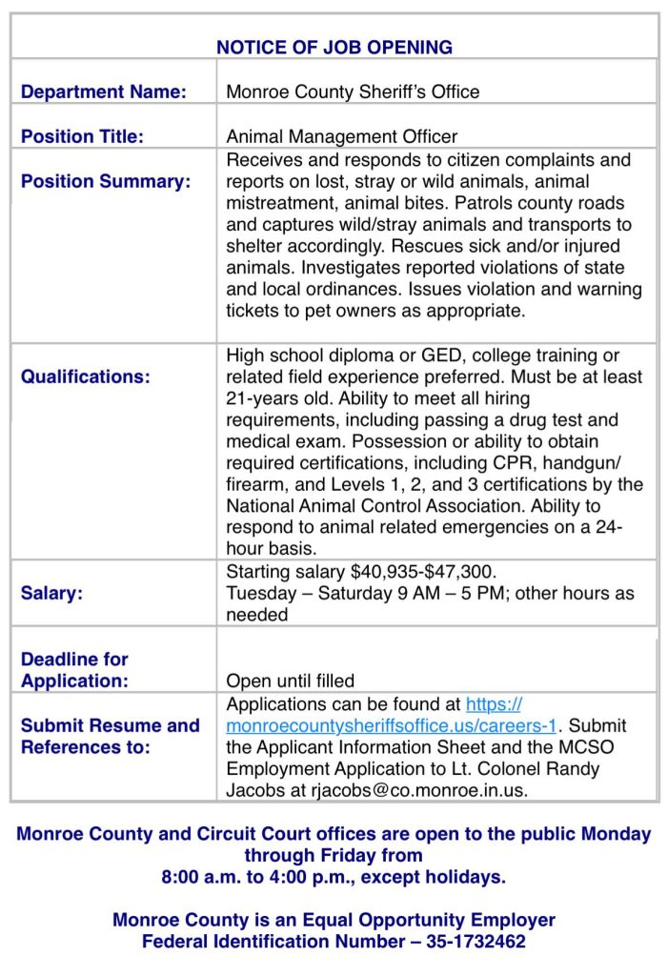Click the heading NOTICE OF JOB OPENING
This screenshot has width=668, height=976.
[x=334, y=47]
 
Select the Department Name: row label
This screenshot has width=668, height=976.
[x=103, y=92]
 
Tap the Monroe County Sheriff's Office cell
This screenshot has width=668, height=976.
[x=353, y=92]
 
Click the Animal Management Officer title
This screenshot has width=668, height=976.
[x=341, y=136]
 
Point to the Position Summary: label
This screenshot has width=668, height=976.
[x=105, y=181]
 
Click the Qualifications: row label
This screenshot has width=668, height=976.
[x=85, y=376]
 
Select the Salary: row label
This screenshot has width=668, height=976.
[x=51, y=593]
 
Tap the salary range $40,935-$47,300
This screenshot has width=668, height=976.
[x=423, y=572]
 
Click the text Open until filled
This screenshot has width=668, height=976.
[x=290, y=681]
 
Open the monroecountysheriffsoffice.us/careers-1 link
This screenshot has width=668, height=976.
[x=391, y=726]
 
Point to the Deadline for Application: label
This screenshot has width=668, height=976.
[x=74, y=670]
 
